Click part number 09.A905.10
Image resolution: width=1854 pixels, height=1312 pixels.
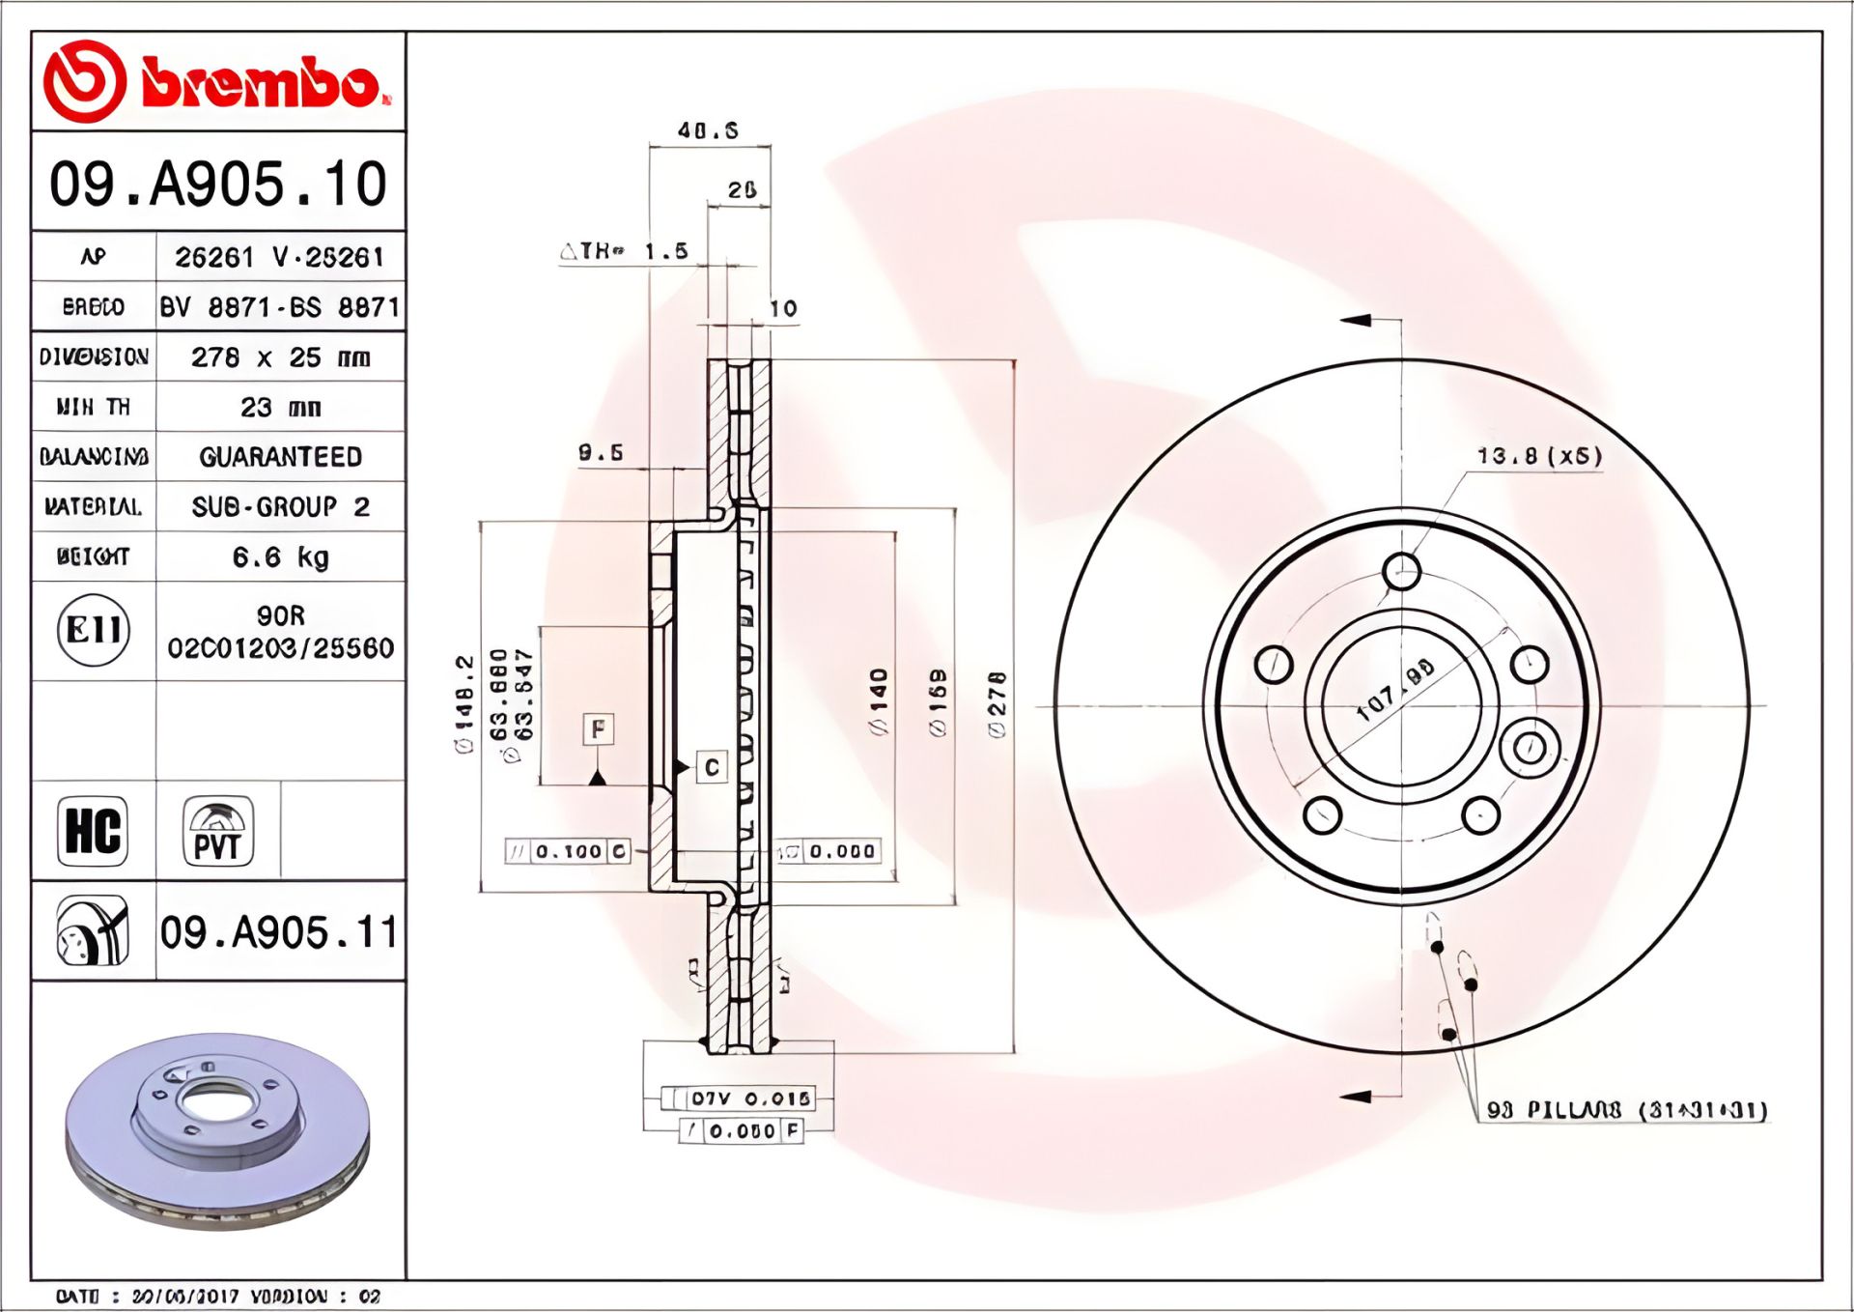(x=218, y=184)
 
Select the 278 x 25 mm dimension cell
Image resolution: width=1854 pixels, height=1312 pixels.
(x=280, y=357)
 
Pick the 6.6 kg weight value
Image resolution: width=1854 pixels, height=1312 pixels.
(x=280, y=556)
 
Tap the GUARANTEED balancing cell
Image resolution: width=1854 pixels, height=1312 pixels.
(x=280, y=457)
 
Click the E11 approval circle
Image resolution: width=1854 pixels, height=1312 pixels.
(x=93, y=631)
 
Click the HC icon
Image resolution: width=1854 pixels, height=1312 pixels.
(x=93, y=830)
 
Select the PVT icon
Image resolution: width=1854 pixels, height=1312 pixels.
(x=218, y=830)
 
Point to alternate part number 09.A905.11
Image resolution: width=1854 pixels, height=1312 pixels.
(x=279, y=932)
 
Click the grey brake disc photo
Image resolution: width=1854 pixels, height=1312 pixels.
(x=218, y=1130)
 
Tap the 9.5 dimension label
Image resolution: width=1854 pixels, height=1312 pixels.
(x=601, y=452)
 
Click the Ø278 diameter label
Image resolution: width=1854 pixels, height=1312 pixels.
(x=997, y=705)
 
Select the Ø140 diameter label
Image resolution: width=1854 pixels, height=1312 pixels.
(x=879, y=700)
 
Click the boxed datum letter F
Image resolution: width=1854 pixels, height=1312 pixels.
(x=599, y=728)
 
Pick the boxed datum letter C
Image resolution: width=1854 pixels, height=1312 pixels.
(x=712, y=767)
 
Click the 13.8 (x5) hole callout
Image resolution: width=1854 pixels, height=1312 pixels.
(x=1539, y=455)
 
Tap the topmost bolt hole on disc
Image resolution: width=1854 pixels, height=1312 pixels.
(x=1401, y=570)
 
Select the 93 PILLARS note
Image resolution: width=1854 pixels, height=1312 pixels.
(x=1626, y=1110)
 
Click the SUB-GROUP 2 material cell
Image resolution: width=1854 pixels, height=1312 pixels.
(x=280, y=506)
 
